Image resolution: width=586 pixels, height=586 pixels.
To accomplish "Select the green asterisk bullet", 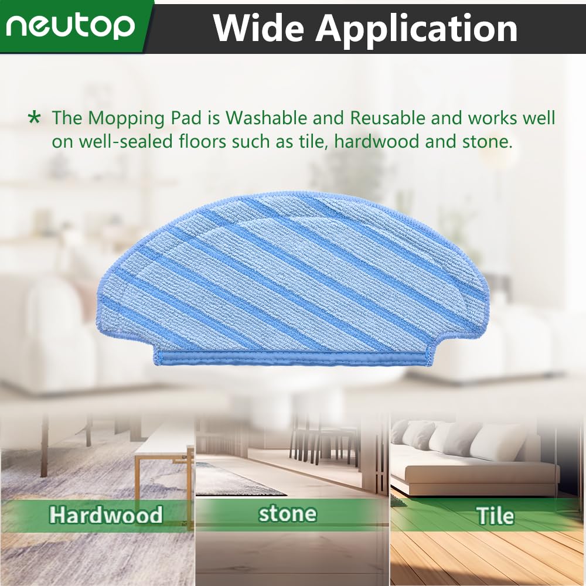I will (x=35, y=118).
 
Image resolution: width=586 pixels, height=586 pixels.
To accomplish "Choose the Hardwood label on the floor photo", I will (x=106, y=515).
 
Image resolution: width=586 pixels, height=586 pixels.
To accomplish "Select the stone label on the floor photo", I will (x=287, y=513).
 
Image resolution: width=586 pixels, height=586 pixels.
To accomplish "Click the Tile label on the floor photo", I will (x=495, y=516).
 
